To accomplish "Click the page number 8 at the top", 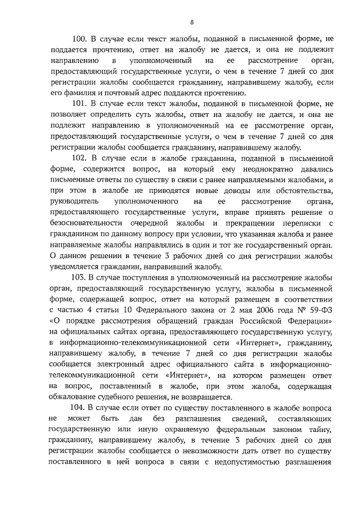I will pos(191,23).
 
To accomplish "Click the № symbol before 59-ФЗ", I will pos(303,309).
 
